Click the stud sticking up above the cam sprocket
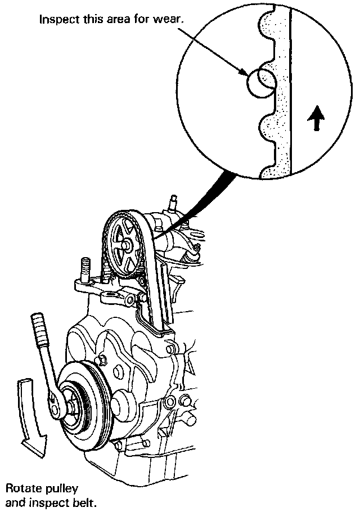click(173, 203)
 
